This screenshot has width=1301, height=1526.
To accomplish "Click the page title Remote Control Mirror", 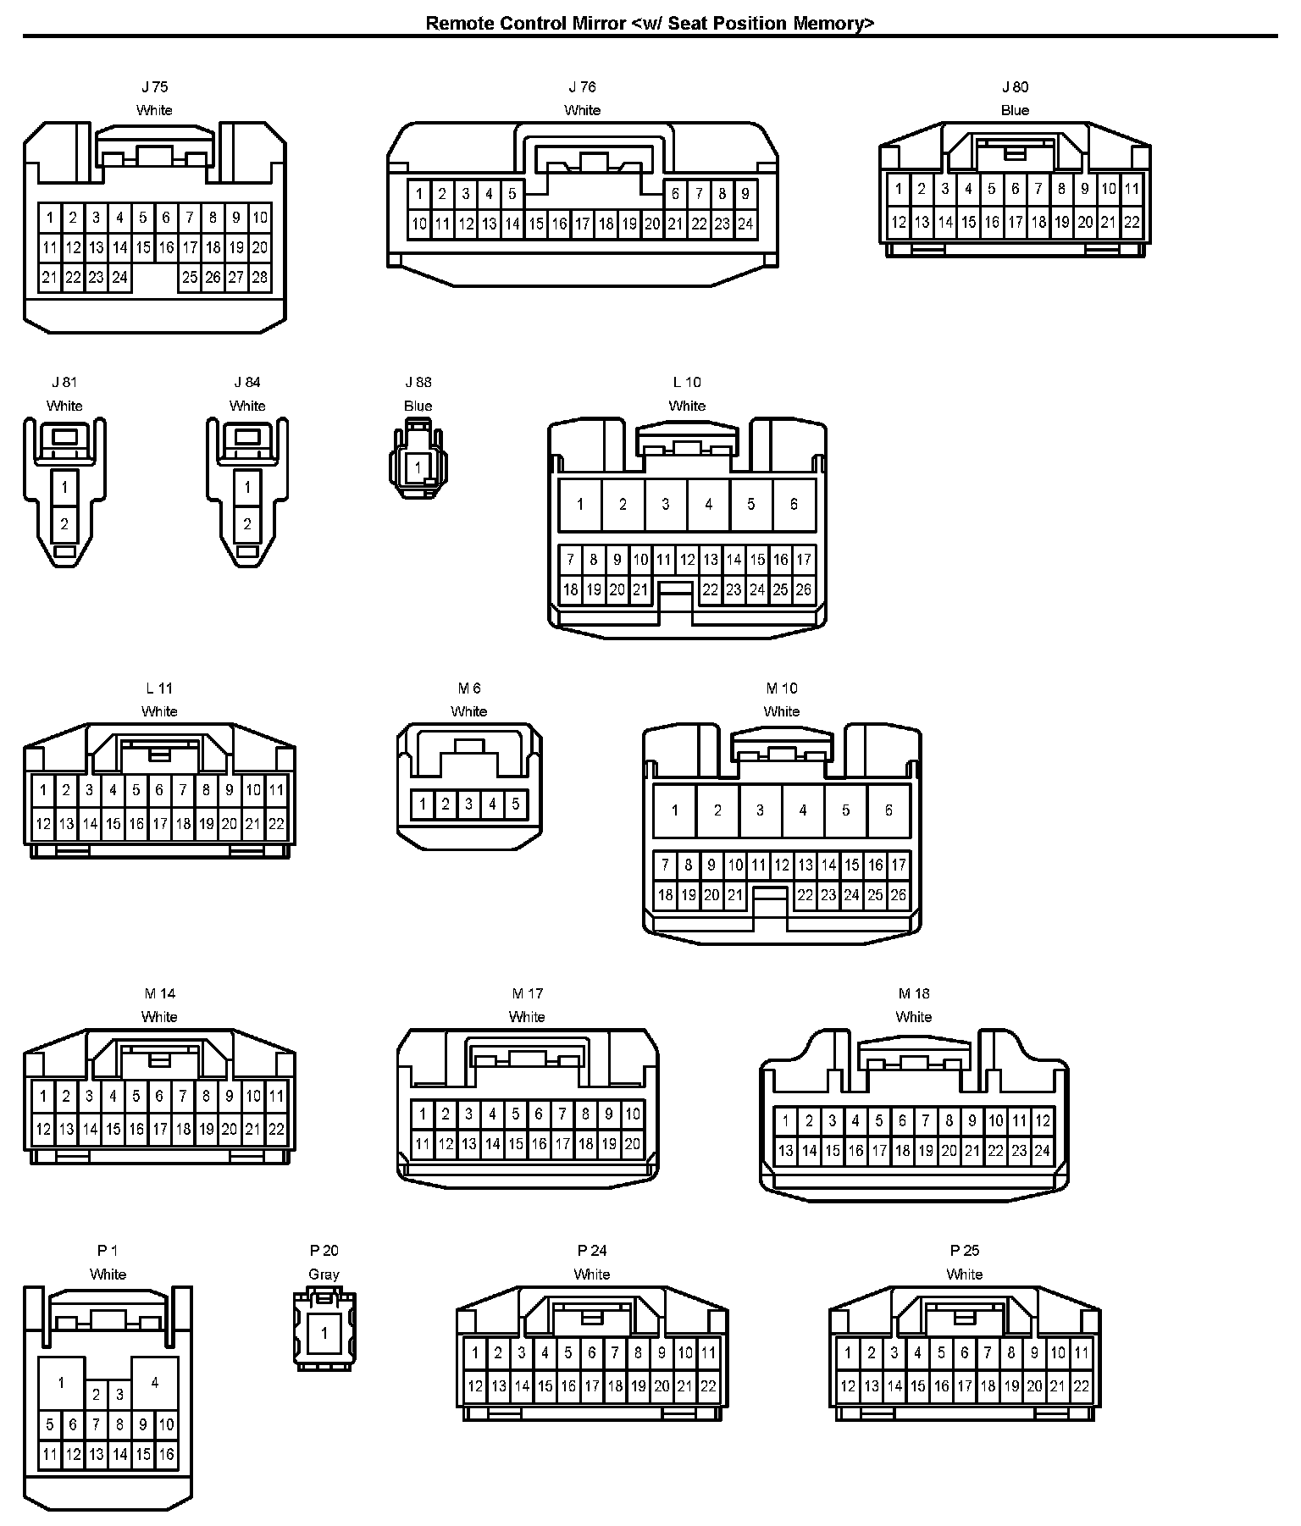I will pos(650,23).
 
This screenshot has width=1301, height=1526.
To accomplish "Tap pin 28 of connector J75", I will pos(260,277).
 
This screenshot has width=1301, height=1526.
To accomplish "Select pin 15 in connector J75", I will pos(143,247).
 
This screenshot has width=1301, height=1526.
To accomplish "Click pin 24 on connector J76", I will pos(745,224).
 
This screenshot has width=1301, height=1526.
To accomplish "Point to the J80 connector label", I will pos(1015,86).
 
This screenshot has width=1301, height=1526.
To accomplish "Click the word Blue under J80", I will pos(1015,110).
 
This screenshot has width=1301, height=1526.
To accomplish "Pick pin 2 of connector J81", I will pos(64,524).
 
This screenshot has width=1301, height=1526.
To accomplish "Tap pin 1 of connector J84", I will pos(247,487).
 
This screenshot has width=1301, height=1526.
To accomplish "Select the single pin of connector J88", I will pos(418,467).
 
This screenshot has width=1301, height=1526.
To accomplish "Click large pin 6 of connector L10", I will pos(794,505).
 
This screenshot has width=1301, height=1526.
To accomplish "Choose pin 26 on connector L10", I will pos(804,589).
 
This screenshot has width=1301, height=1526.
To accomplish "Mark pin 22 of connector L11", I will pos(276,823).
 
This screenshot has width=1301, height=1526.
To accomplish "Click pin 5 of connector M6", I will pos(515,804).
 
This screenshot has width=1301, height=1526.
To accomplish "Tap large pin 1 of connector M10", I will pos(674,810).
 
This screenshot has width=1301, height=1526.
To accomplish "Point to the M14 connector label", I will pos(159,993).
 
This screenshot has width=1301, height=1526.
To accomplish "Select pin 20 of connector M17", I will pos(632,1144).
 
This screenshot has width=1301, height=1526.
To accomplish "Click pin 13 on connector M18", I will pos(786,1150).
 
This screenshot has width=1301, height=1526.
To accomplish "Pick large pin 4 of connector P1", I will pos(154,1383).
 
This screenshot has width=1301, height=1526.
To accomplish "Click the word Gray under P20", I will pos(324,1274).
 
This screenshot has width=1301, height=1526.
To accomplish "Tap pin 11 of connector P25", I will pos(1081,1353).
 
